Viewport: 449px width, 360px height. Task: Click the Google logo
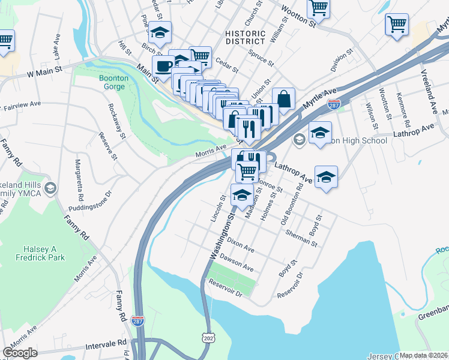[20, 353]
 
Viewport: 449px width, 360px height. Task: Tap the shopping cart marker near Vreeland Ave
[397, 25]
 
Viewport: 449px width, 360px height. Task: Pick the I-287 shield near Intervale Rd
[138, 322]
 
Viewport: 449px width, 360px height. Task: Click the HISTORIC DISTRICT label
[245, 37]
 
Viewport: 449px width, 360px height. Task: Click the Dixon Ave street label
[241, 247]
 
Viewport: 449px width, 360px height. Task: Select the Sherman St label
[301, 238]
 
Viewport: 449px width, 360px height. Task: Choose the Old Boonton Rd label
[292, 206]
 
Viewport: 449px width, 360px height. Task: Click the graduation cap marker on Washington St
[242, 196]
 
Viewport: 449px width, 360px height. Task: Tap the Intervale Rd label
[107, 343]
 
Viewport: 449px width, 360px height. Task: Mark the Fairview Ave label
[22, 106]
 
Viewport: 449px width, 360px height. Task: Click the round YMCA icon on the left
[50, 188]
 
